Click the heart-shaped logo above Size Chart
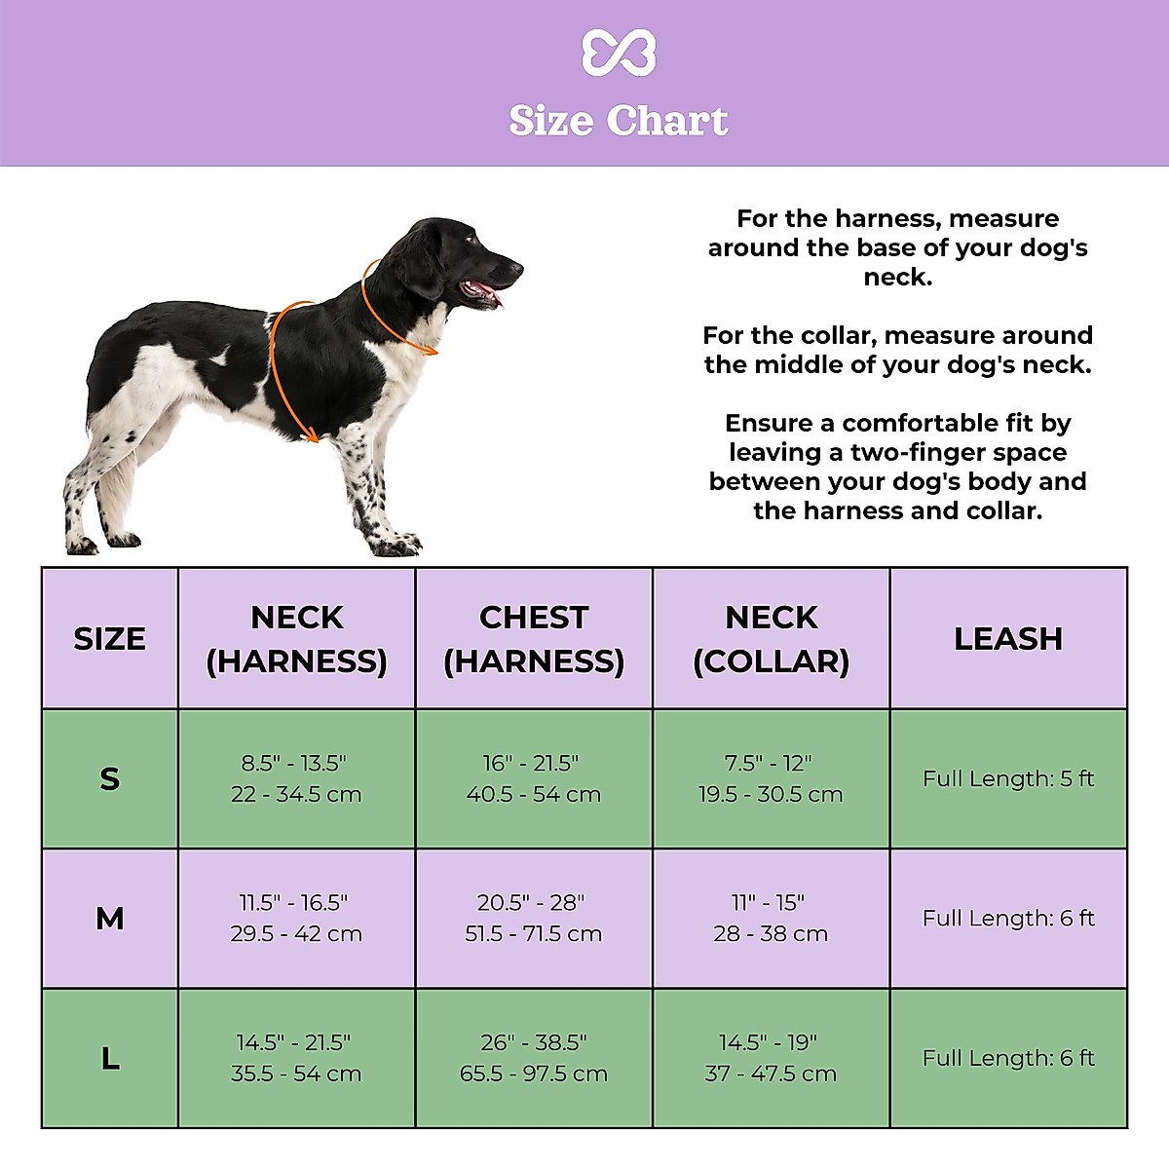pyautogui.click(x=619, y=53)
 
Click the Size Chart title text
pyautogui.click(x=619, y=122)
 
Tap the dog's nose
pyautogui.click(x=516, y=267)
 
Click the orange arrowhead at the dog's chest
pyautogui.click(x=312, y=437)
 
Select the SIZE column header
pyautogui.click(x=110, y=639)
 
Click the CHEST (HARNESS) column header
pyautogui.click(x=534, y=639)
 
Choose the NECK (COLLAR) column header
pyautogui.click(x=772, y=639)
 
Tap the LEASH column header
pyautogui.click(x=1008, y=639)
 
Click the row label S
pyautogui.click(x=110, y=779)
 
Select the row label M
pyautogui.click(x=110, y=919)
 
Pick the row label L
pyautogui.click(x=110, y=1059)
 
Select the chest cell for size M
pyautogui.click(x=534, y=919)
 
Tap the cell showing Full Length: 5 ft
pyautogui.click(x=1008, y=779)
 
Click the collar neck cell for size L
pyautogui.click(x=772, y=1059)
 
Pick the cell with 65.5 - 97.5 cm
pyautogui.click(x=534, y=1074)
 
